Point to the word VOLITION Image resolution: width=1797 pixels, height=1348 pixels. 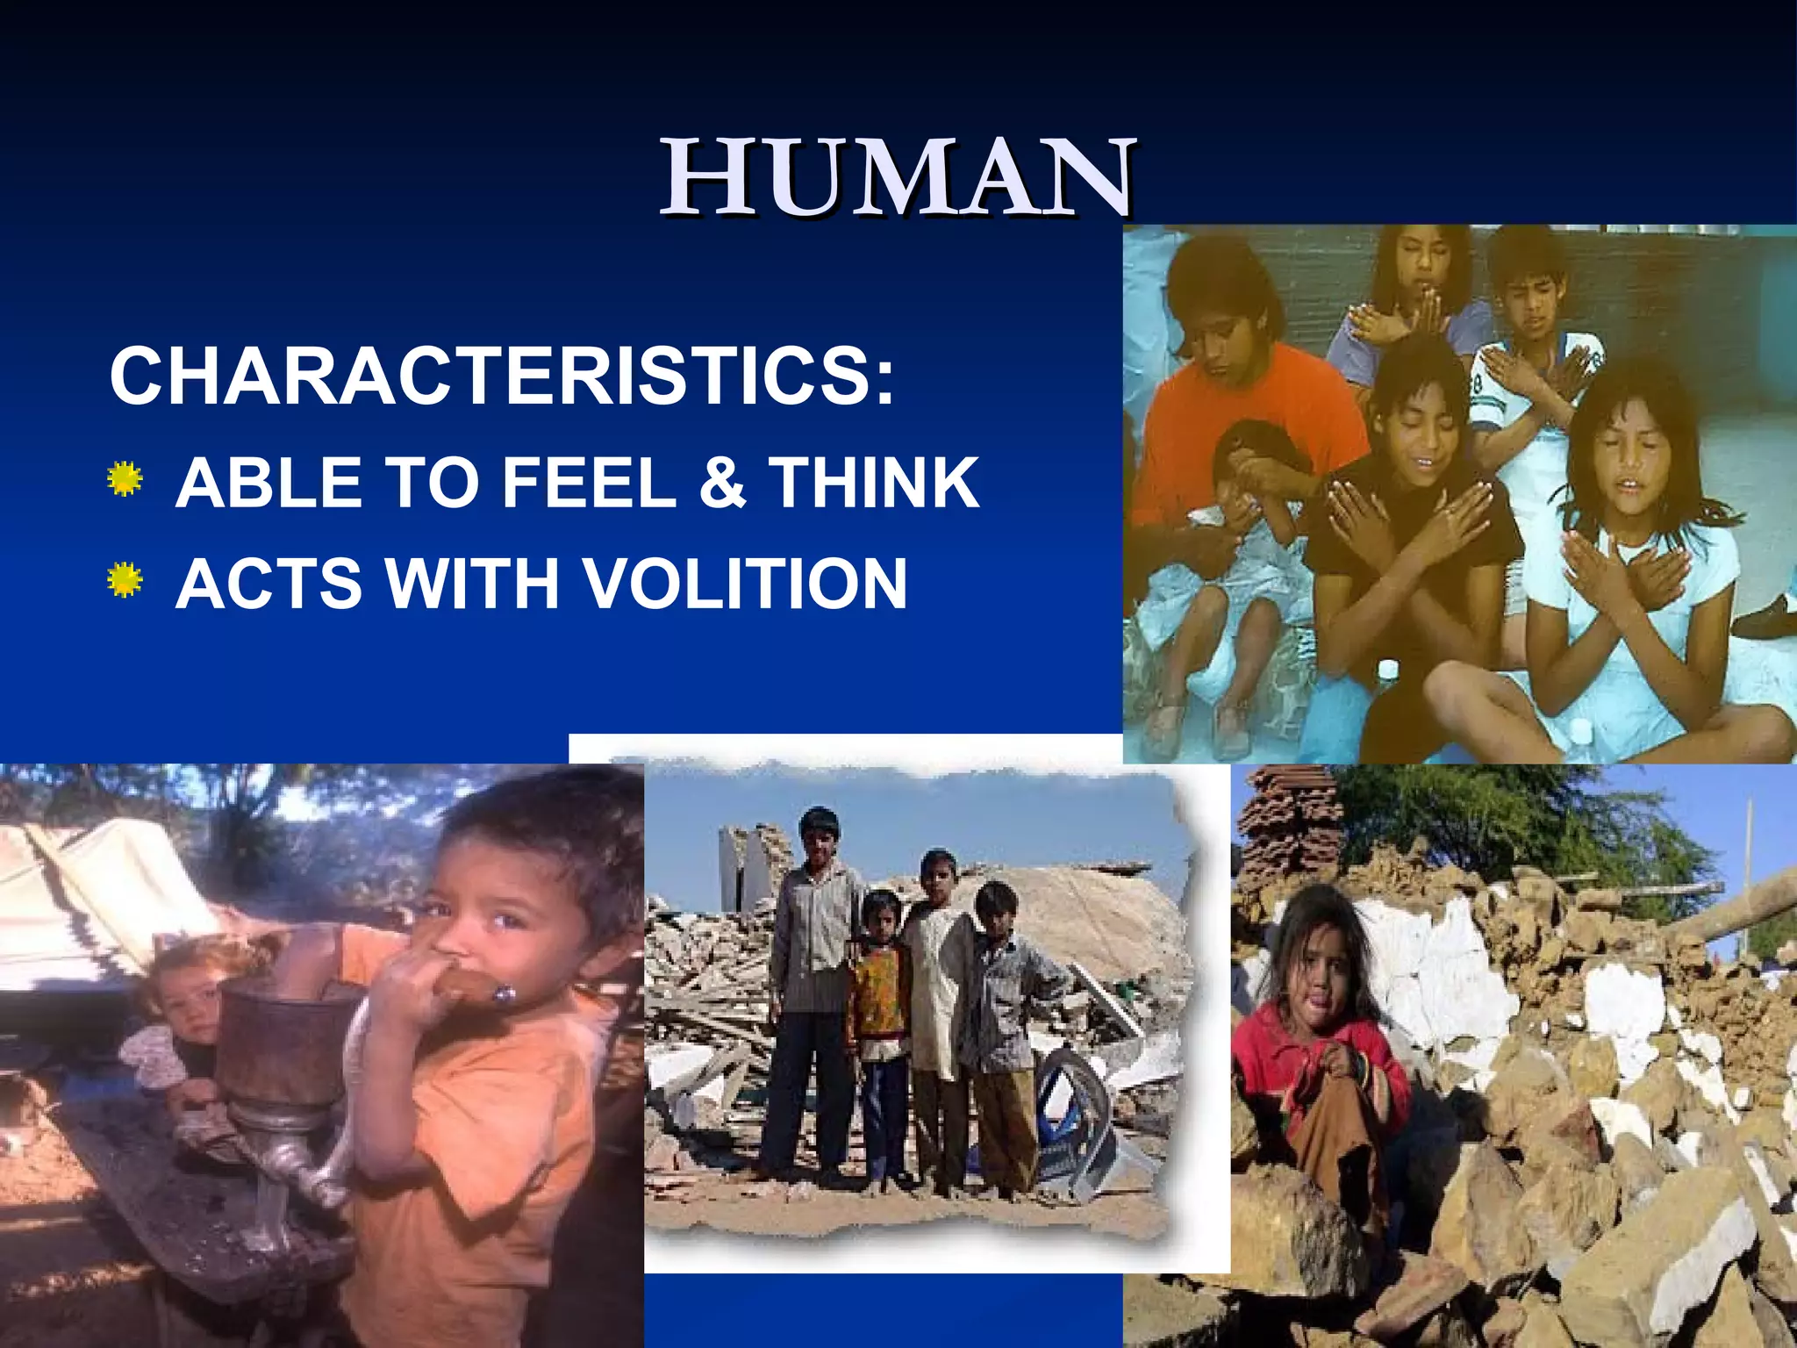(745, 584)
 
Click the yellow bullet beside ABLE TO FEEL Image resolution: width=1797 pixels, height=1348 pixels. (125, 479)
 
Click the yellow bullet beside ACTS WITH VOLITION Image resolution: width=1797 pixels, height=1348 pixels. (125, 580)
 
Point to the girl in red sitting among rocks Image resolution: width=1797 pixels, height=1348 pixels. (1316, 1053)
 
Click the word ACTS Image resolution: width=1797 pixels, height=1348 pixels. (267, 584)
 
